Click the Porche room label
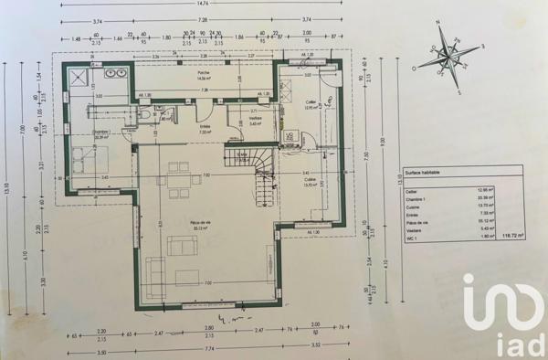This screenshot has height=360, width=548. (x=205, y=76)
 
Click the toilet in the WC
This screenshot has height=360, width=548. (x=144, y=116)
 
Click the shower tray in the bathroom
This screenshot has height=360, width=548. (x=78, y=74)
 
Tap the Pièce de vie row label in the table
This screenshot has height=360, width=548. (x=417, y=219)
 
